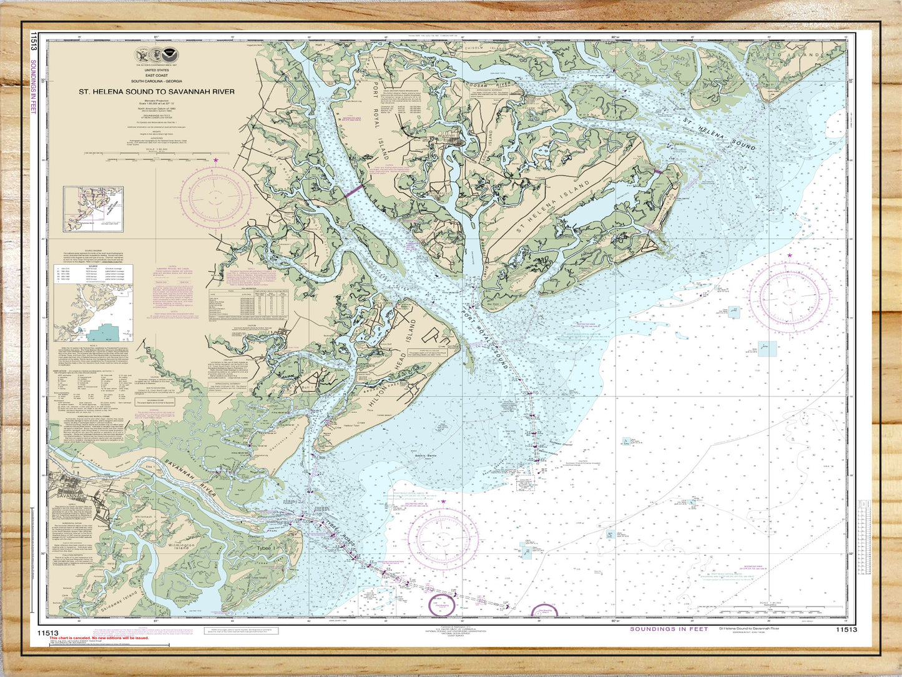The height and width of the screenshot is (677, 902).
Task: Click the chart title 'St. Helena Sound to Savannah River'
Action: click(x=156, y=91)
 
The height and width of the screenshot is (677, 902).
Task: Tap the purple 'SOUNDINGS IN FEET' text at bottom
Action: click(x=669, y=629)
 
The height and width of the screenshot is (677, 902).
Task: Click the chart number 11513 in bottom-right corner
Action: click(x=846, y=630)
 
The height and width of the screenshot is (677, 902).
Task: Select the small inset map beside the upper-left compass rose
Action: click(x=92, y=209)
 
